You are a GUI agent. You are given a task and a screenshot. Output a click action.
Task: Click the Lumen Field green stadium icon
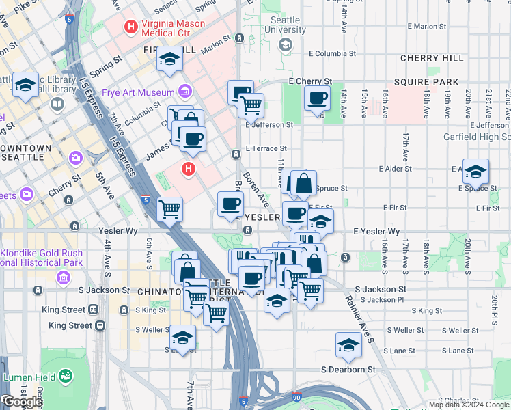(x=66, y=377)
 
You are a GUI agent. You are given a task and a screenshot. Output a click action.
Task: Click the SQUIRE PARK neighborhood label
(x=430, y=82)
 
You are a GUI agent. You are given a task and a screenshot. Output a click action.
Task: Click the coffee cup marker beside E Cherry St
(x=317, y=98)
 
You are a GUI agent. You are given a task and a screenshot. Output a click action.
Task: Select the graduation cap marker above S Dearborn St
(x=348, y=346)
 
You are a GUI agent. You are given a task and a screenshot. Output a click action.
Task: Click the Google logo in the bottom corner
(x=23, y=402)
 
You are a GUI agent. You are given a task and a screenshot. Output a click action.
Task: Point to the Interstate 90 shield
(x=295, y=396)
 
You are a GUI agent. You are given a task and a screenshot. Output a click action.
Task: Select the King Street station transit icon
(x=100, y=326)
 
